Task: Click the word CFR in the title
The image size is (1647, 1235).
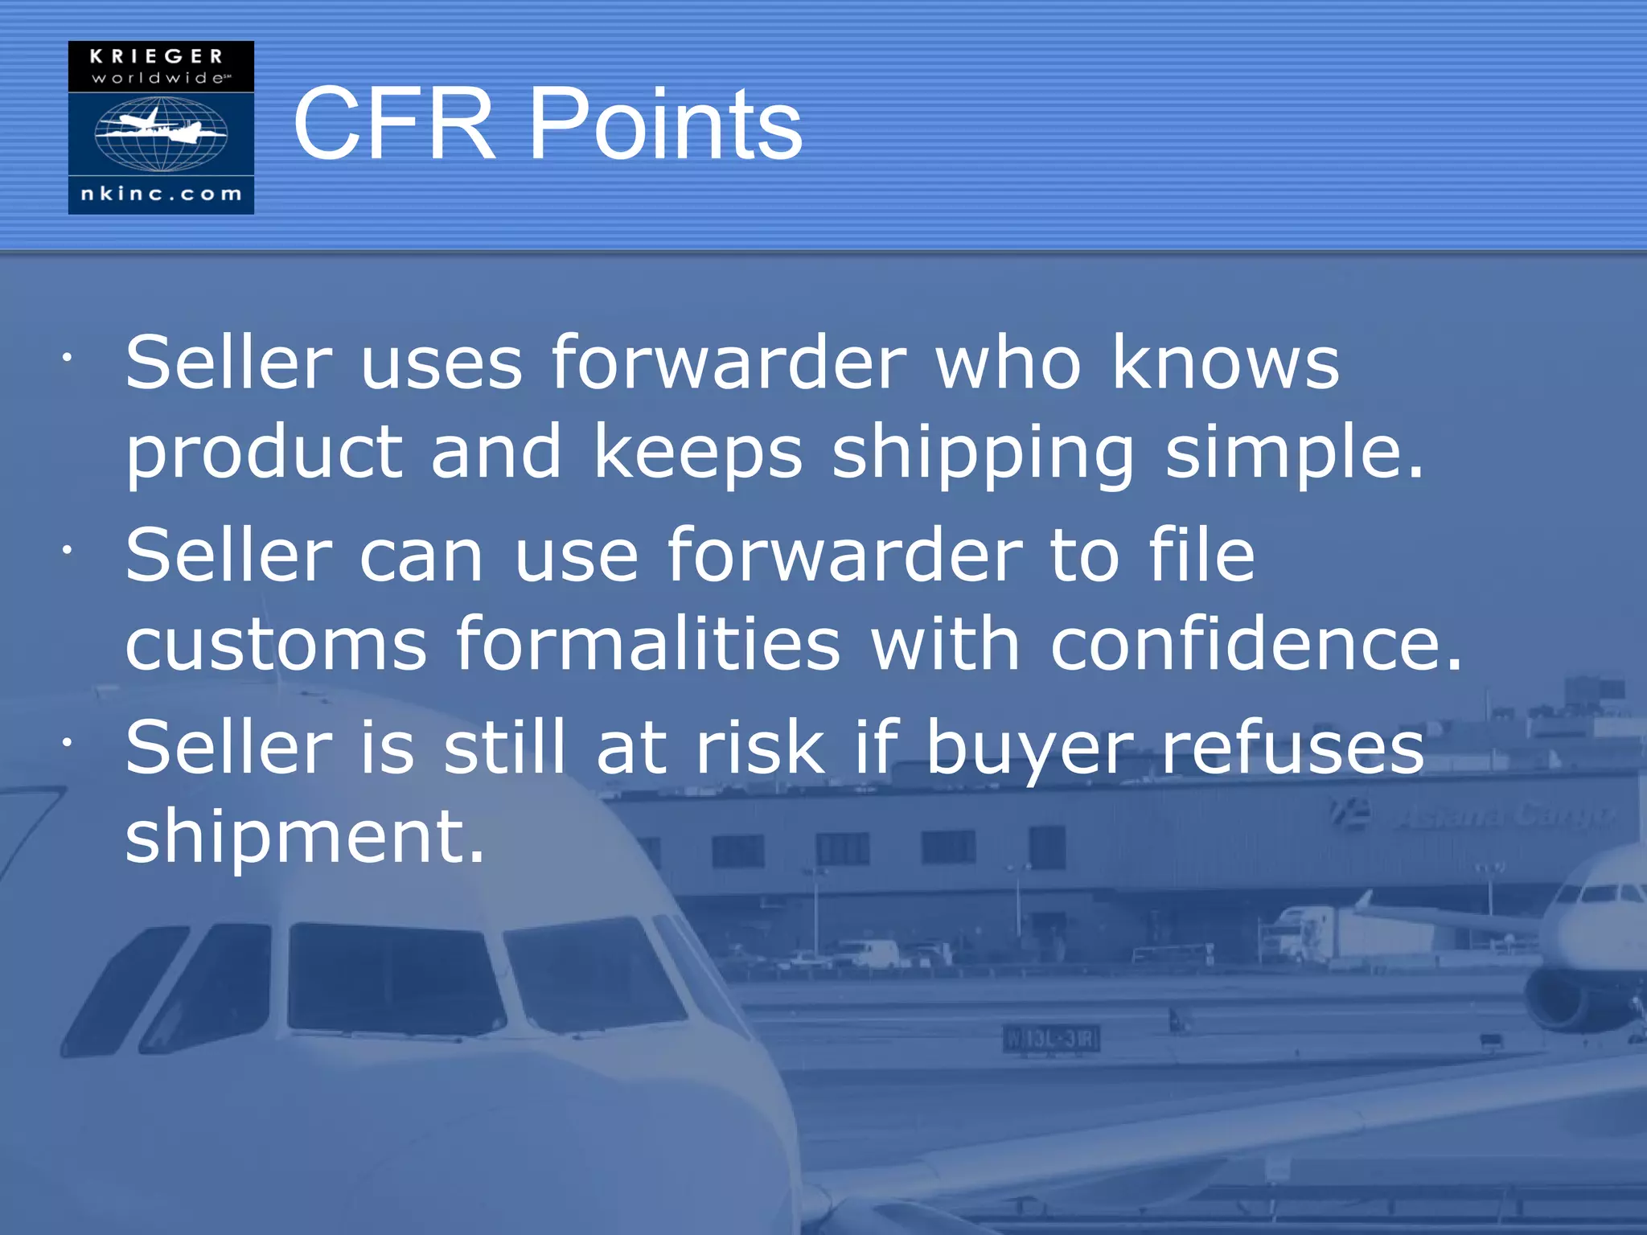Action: (393, 124)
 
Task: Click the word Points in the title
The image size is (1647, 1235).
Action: (666, 124)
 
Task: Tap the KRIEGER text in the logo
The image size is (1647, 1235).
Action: (157, 57)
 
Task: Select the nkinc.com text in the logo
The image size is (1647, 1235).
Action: (161, 194)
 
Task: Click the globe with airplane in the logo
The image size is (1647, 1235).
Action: (161, 133)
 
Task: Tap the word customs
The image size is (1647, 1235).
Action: (276, 645)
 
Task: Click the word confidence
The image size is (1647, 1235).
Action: (1256, 643)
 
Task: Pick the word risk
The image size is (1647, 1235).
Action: (760, 748)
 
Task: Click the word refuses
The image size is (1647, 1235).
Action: (1293, 748)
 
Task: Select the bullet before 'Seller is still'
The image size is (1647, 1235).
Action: (68, 742)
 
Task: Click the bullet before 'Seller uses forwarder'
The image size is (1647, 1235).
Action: (68, 357)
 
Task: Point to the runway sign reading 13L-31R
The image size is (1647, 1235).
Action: (1051, 1039)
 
